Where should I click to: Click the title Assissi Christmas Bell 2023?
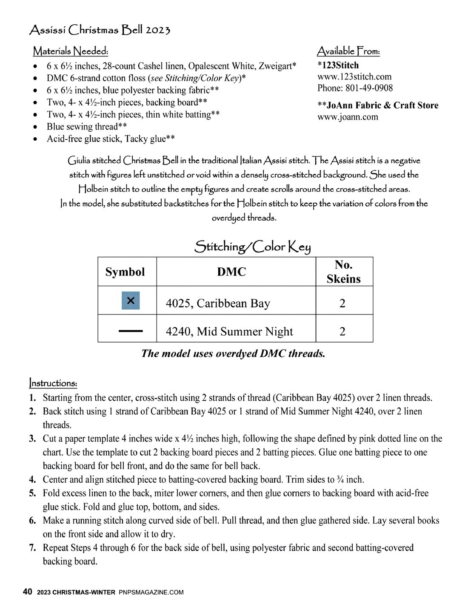click(x=100, y=30)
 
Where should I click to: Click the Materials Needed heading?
click(x=71, y=51)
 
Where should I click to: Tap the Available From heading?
click(x=348, y=51)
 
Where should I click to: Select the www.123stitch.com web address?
click(x=354, y=76)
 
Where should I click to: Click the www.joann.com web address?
click(x=348, y=117)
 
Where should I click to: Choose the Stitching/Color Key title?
click(x=252, y=246)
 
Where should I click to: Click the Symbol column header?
click(x=125, y=272)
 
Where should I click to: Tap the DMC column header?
click(x=231, y=272)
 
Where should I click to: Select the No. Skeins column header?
click(x=344, y=272)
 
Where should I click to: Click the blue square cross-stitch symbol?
click(x=131, y=300)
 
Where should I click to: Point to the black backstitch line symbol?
click(x=131, y=330)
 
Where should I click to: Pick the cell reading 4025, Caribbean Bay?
click(x=218, y=303)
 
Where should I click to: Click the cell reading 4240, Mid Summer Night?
click(x=229, y=331)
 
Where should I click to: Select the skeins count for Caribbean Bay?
click(x=343, y=303)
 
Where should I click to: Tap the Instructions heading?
click(x=53, y=383)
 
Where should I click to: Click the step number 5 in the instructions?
click(x=32, y=493)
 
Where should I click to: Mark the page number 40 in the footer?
click(x=27, y=592)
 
